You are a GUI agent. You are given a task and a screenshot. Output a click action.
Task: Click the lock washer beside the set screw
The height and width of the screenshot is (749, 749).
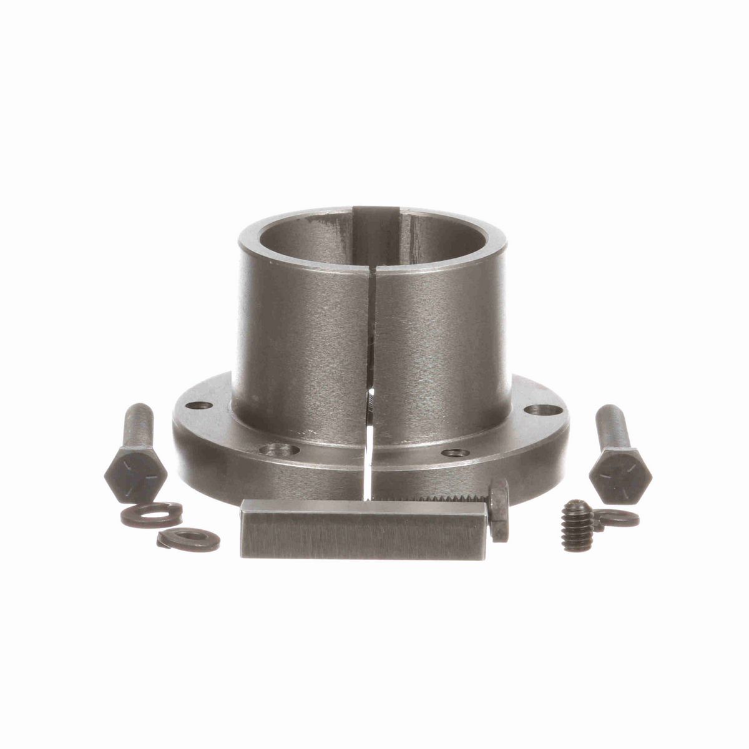coord(618,517)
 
